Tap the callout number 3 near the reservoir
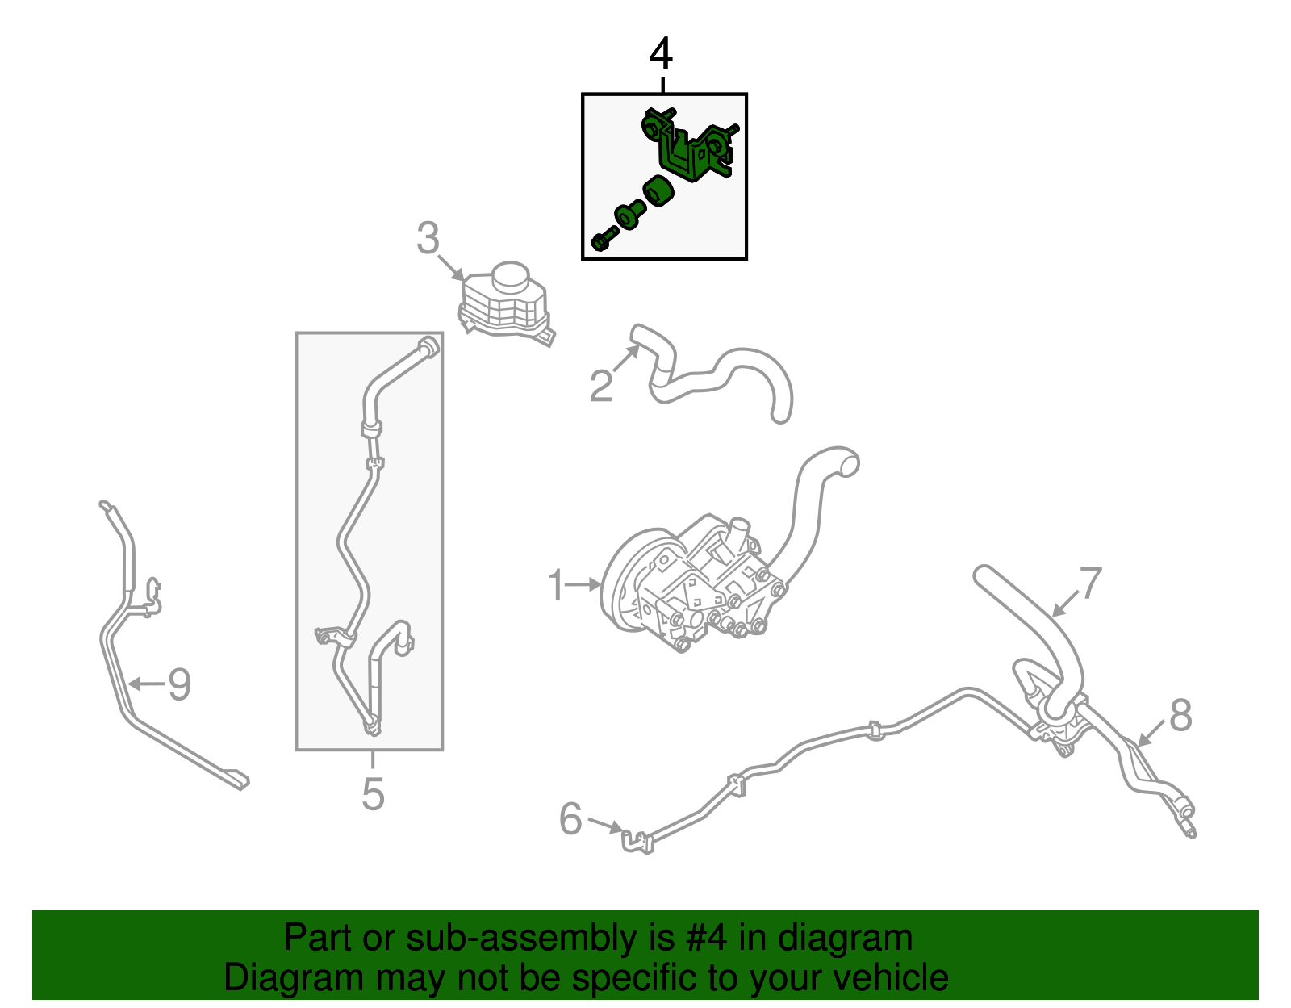[428, 237]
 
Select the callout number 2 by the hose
[600, 386]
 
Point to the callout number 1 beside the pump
[555, 585]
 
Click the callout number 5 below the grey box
[373, 793]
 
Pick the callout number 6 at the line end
[570, 818]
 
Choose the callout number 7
[1090, 583]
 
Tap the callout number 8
[1180, 714]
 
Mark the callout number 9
[179, 684]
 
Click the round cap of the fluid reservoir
[511, 276]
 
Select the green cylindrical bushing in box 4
[658, 191]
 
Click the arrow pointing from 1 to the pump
[583, 585]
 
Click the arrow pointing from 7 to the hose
[1067, 602]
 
